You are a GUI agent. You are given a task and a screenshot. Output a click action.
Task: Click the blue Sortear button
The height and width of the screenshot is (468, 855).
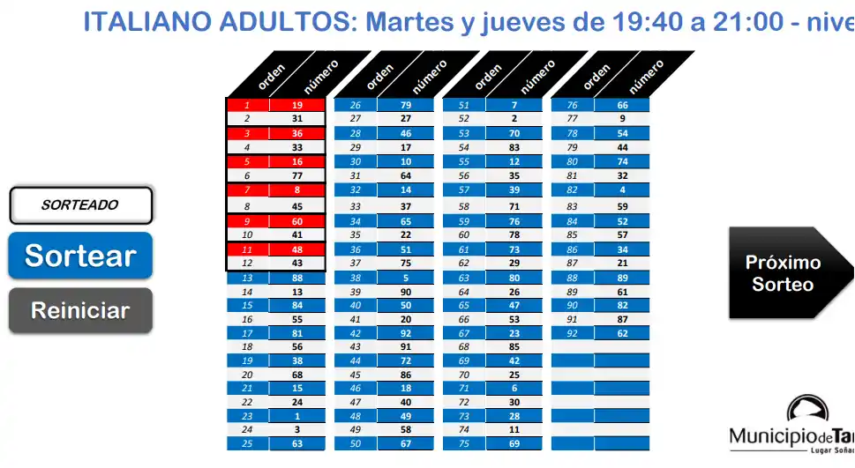tap(80, 256)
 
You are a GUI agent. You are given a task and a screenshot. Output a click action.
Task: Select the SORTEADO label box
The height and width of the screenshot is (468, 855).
tap(80, 205)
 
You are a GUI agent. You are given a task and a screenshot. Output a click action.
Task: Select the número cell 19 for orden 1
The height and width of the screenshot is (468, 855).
tap(296, 105)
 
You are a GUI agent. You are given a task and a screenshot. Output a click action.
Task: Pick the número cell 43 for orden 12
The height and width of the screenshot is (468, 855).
tap(296, 264)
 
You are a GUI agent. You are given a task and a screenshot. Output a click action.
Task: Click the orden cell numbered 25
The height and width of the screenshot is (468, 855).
tap(247, 444)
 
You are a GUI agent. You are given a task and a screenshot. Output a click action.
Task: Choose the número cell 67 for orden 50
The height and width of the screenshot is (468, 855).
tap(406, 444)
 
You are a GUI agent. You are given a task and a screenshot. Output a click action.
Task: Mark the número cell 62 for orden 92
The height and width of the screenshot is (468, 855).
tap(623, 334)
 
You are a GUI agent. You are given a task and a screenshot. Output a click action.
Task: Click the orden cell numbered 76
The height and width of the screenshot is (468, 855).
tap(573, 105)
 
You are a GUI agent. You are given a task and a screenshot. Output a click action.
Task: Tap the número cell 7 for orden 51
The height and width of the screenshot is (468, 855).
tap(514, 105)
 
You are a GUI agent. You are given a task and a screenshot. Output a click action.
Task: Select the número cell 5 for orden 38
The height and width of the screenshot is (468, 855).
tap(406, 277)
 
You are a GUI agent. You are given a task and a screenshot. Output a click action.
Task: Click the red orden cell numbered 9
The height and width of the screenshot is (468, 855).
tap(247, 221)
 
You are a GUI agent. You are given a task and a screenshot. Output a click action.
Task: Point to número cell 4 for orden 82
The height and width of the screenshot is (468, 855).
tap(623, 189)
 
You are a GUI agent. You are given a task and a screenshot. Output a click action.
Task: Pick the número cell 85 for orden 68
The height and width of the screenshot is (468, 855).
tap(514, 346)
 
